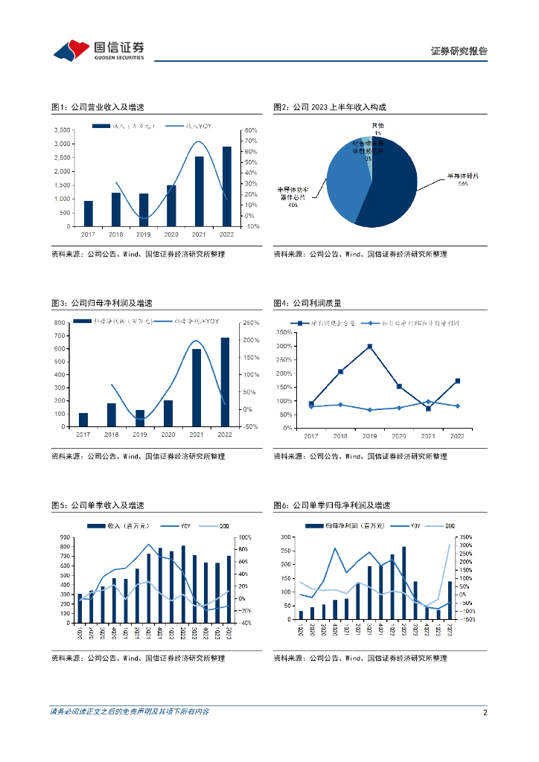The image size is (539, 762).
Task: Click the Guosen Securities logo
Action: pos(98,50)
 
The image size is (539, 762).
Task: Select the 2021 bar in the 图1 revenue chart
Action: pos(200,191)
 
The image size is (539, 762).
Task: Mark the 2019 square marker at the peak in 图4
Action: pos(370,347)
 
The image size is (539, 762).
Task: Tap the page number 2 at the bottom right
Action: pos(485,712)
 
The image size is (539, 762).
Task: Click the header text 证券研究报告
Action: pos(459,51)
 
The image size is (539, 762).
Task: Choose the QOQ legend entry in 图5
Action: pos(223,526)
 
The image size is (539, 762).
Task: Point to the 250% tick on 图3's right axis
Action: pos(250,322)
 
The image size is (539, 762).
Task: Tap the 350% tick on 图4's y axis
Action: pos(284,333)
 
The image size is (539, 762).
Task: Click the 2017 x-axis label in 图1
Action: pos(88,234)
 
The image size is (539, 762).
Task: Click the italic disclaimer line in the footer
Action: pos(130,712)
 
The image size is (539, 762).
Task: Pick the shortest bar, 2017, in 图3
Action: pos(83,420)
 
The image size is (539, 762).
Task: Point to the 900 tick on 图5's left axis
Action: pos(65,537)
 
